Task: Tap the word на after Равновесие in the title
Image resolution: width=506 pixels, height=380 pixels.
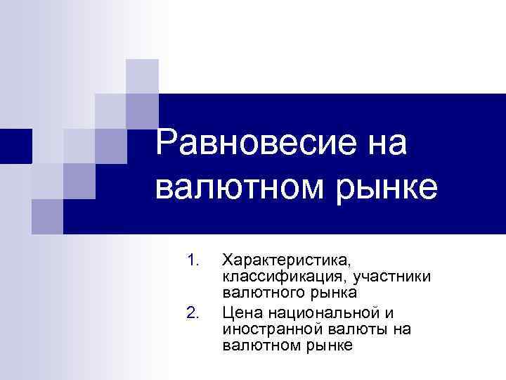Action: [380, 144]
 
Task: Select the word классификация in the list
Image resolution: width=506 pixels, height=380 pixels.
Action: [281, 278]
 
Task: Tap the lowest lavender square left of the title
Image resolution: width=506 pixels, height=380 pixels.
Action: [47, 215]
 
